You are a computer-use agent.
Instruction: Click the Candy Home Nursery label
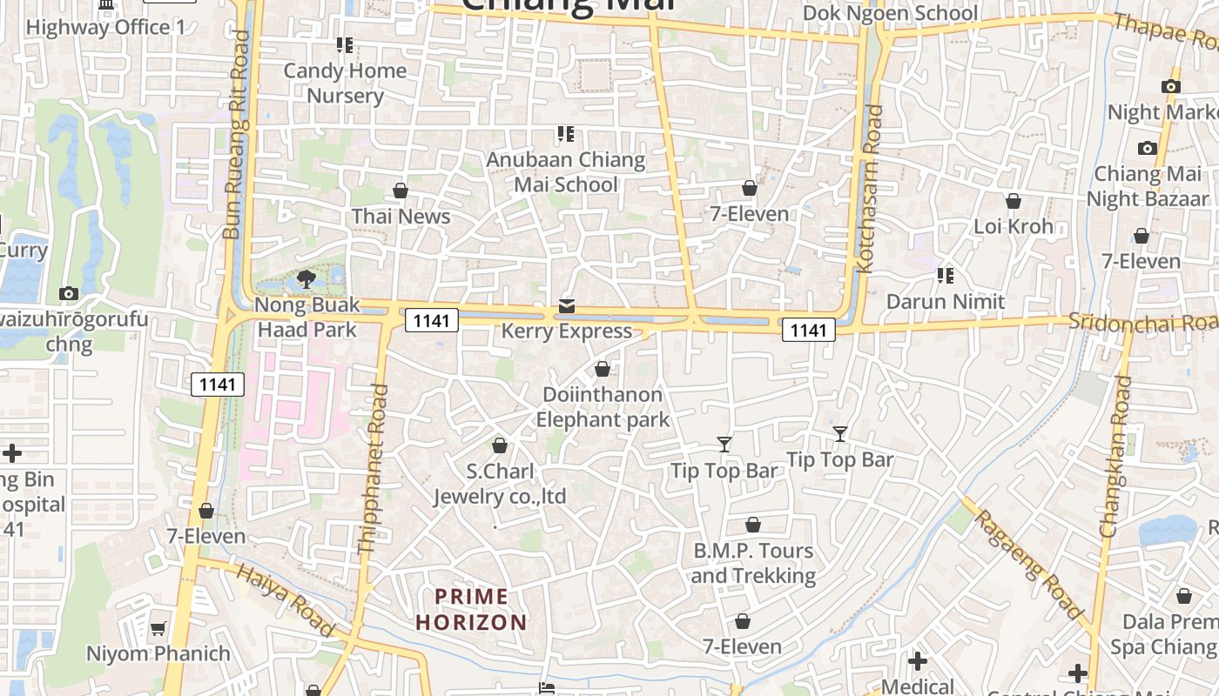tap(345, 83)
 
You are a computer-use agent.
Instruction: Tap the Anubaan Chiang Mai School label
tap(566, 171)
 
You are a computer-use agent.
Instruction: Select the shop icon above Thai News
tap(401, 191)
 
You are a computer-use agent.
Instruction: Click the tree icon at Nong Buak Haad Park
tap(306, 279)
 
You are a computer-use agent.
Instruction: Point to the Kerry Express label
tap(566, 331)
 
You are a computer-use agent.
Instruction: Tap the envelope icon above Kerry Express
tap(567, 306)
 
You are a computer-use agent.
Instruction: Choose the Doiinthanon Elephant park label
tap(603, 407)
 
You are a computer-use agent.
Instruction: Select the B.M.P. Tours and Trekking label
tap(753, 563)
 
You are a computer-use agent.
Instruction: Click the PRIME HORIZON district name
tap(471, 609)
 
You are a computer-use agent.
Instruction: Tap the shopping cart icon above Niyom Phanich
tap(158, 628)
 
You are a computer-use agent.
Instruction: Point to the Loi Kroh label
tap(1013, 226)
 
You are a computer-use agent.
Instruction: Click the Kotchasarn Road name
tap(870, 189)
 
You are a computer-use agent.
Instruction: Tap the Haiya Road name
tap(286, 600)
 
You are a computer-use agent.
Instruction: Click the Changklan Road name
tap(1116, 456)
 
